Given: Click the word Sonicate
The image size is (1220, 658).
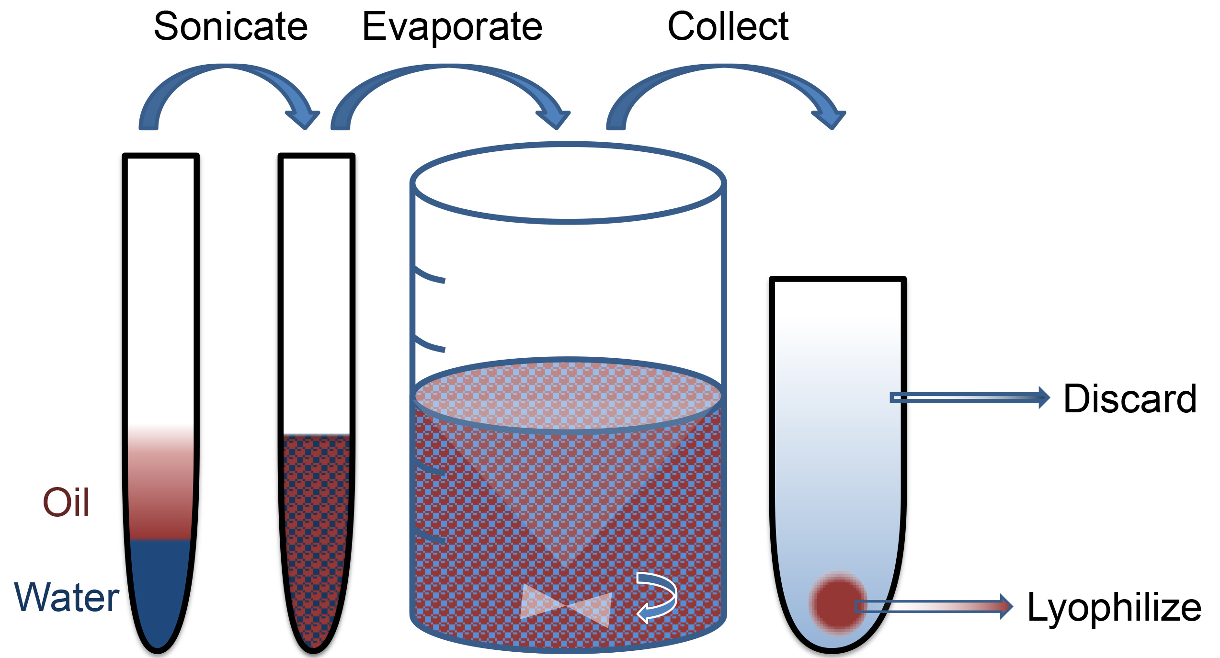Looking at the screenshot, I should tap(230, 27).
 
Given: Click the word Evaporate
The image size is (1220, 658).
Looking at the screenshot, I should tap(452, 28).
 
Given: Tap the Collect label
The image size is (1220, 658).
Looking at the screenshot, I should tap(728, 27).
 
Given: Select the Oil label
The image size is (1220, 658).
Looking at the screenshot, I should tap(66, 502).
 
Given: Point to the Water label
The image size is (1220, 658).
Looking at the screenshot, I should tap(67, 597).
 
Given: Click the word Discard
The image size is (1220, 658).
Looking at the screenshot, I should tap(1129, 398).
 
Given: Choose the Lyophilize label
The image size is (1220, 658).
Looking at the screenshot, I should tap(1114, 607).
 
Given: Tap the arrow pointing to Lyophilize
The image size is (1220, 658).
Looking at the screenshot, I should tap(934, 606).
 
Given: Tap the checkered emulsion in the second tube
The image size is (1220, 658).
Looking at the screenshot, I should tap(317, 527).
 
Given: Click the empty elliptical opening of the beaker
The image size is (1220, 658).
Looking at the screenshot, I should tap(568, 182).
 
